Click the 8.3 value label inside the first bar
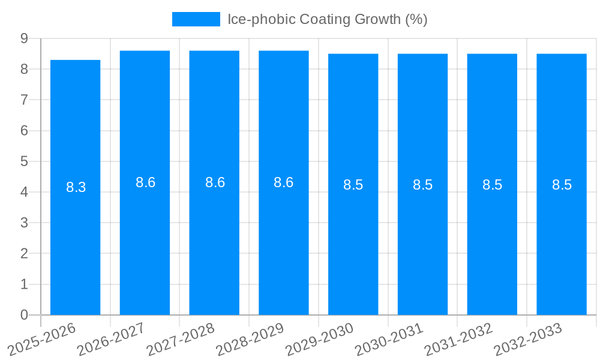pos(76,187)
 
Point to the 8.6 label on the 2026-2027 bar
pos(145,182)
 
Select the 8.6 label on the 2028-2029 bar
pos(283,182)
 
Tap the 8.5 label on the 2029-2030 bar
pos(353,185)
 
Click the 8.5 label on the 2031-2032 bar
pos(492,185)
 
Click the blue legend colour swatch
pos(196,19)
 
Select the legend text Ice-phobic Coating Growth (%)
pos(327,19)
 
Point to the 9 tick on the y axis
pos(24,38)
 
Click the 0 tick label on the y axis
pos(24,315)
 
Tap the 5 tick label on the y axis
pos(24,161)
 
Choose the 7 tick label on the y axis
pos(24,100)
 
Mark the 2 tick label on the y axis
pos(24,253)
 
